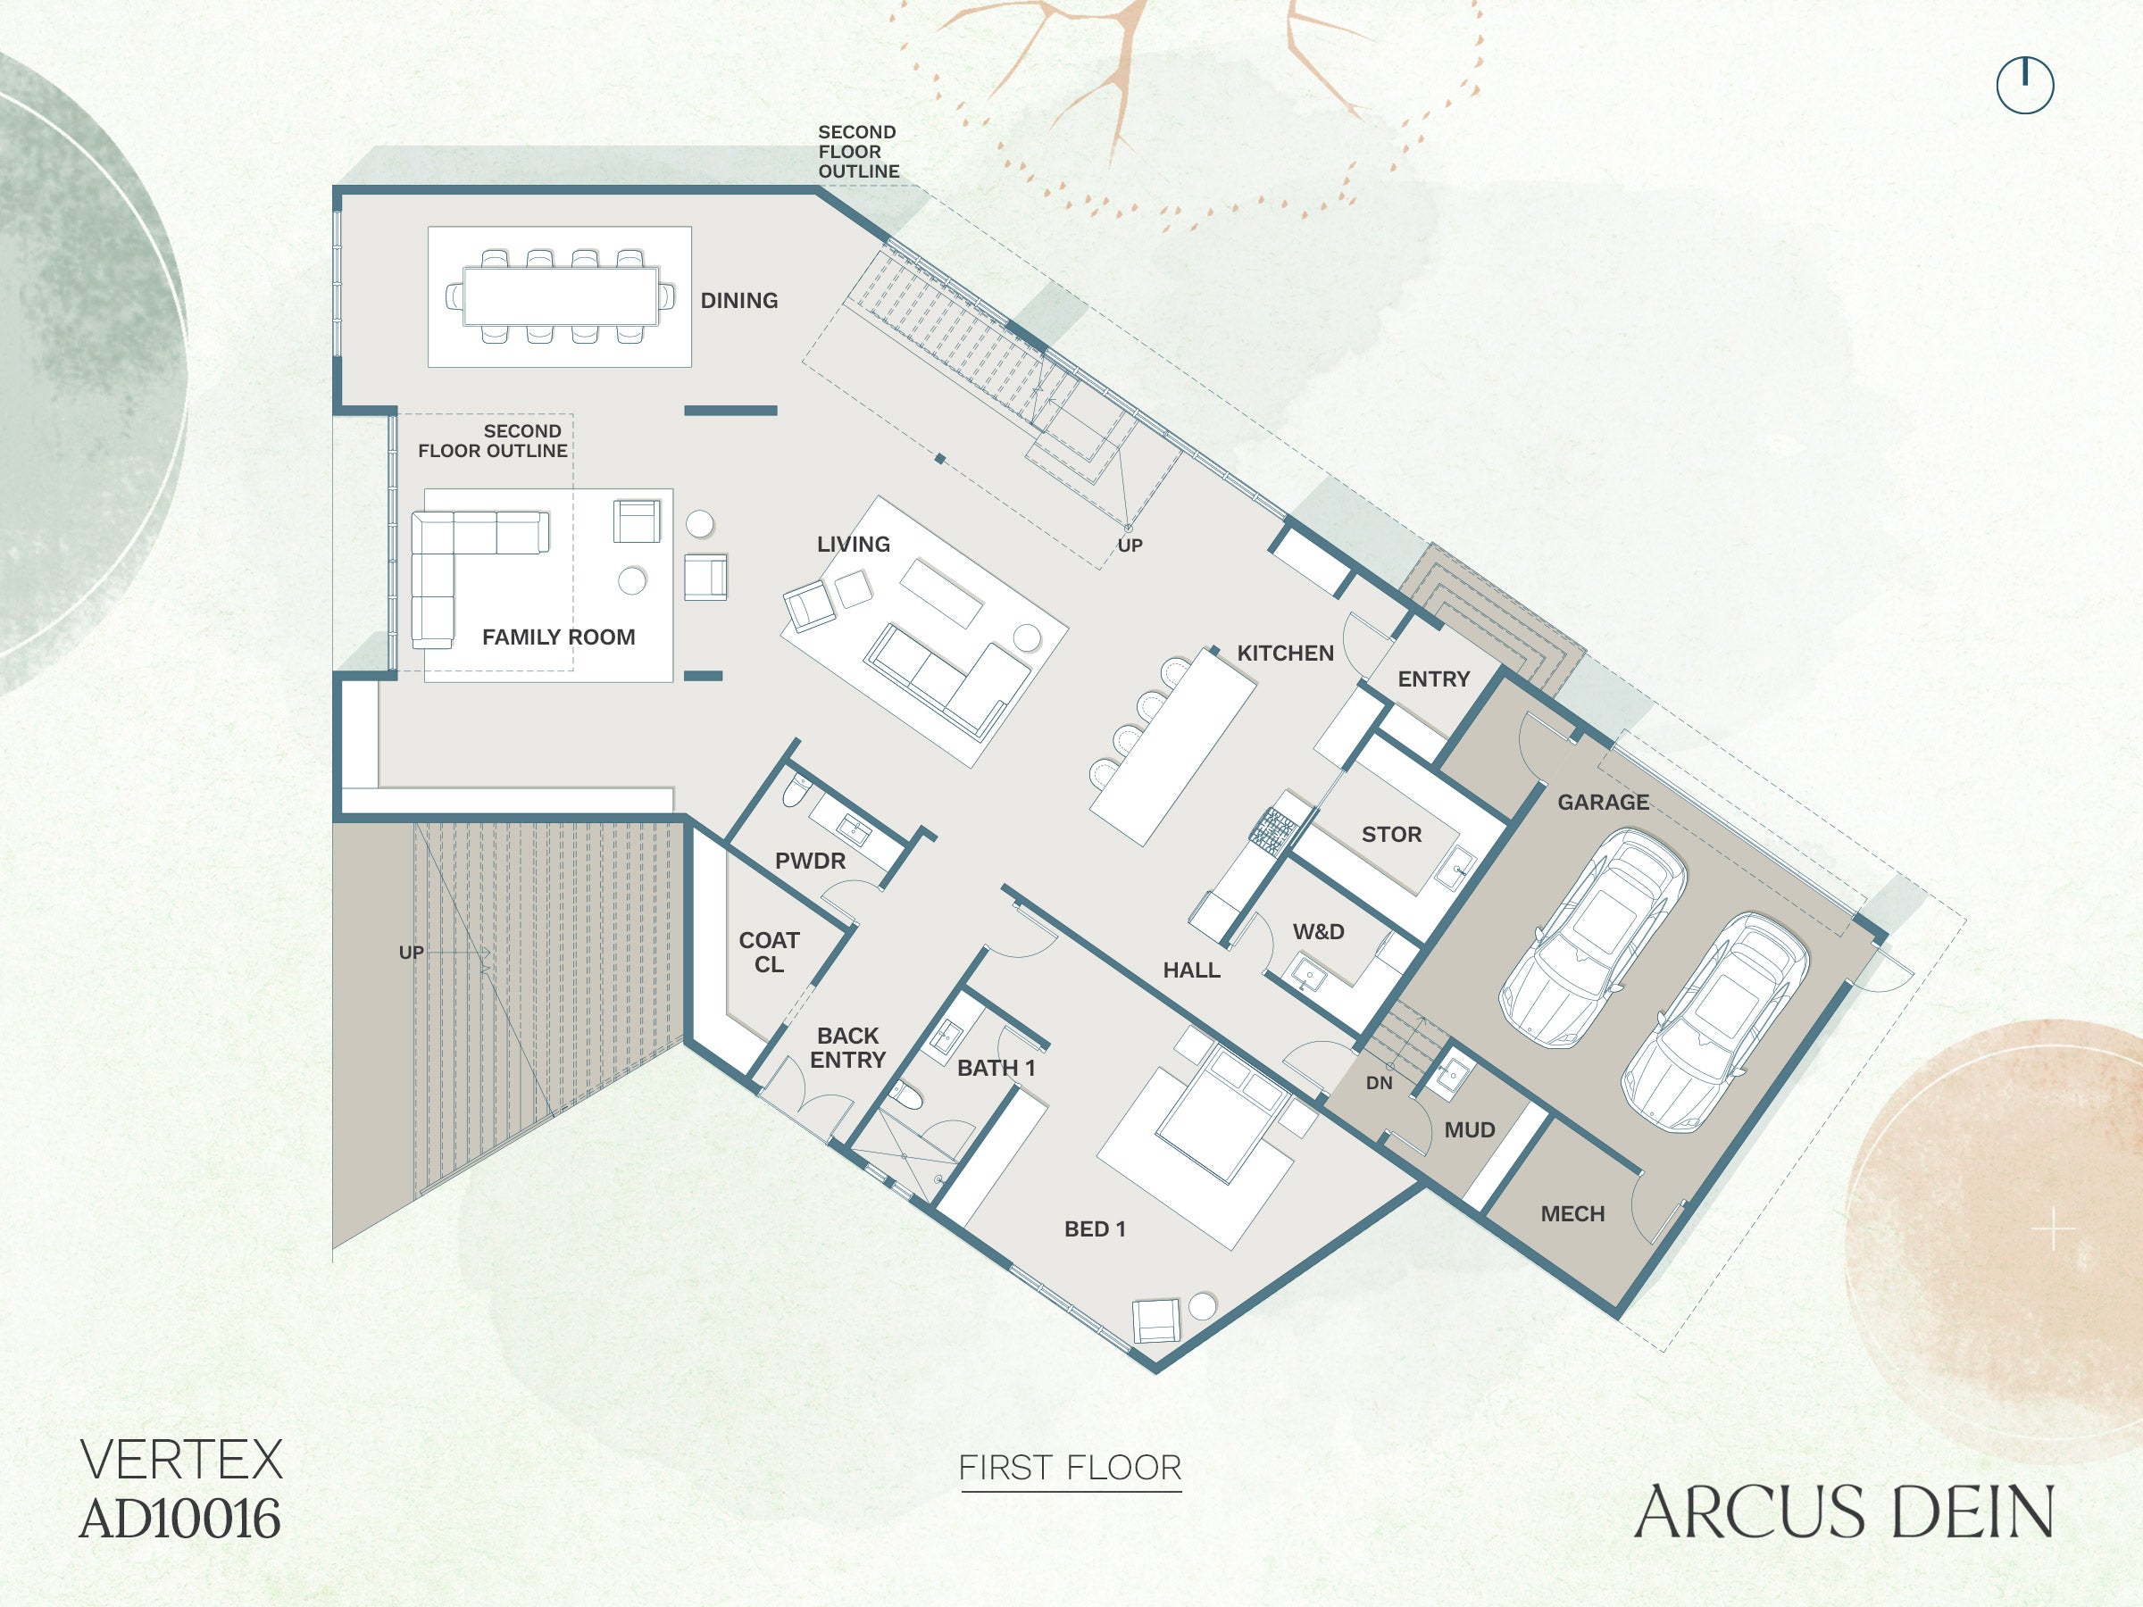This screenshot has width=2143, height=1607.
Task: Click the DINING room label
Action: tap(739, 300)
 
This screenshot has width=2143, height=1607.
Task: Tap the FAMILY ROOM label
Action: tap(559, 637)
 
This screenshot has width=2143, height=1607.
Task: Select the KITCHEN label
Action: tap(1286, 654)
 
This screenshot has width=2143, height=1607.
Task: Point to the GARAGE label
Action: tap(1604, 802)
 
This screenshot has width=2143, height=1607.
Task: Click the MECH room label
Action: tap(1572, 1213)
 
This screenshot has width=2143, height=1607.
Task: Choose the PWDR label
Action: tap(810, 862)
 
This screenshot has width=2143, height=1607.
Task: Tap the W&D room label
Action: tap(1319, 932)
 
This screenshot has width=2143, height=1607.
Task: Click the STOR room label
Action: tap(1391, 834)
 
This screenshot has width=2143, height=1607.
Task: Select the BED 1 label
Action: tap(1095, 1229)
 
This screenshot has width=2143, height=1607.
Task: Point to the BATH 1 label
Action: tap(996, 1069)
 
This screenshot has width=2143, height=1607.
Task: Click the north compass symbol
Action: tap(2025, 85)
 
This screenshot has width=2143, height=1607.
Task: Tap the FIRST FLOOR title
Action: tap(1071, 1468)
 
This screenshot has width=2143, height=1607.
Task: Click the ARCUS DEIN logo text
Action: tap(1844, 1512)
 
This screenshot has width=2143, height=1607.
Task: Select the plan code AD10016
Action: tap(180, 1519)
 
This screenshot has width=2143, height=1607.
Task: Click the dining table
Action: tap(560, 296)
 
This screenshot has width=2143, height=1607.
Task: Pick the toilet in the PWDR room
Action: tap(794, 789)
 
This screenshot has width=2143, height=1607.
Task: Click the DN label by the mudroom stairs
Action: tap(1379, 1083)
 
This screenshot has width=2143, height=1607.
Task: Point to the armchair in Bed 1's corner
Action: tap(1156, 1320)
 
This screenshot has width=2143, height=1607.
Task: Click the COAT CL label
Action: tap(769, 953)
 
